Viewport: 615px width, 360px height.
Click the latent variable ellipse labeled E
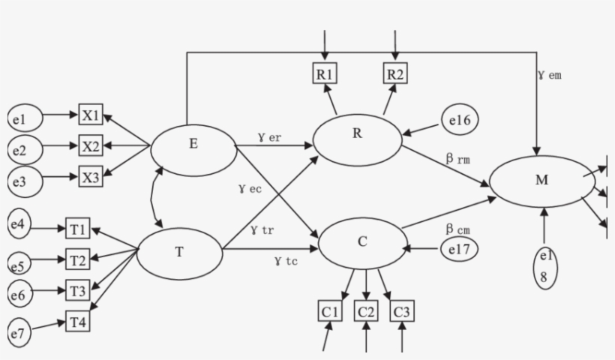pyautogui.click(x=193, y=146)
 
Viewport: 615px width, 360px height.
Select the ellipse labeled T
pyautogui.click(x=179, y=252)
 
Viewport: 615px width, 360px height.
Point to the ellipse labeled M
pyautogui.click(x=540, y=181)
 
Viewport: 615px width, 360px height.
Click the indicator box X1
pyautogui.click(x=91, y=116)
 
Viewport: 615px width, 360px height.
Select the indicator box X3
pyautogui.click(x=91, y=178)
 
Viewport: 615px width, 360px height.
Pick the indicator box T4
pyautogui.click(x=78, y=321)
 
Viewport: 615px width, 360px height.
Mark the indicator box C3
pyautogui.click(x=402, y=310)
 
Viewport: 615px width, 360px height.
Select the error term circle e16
pyautogui.click(x=458, y=118)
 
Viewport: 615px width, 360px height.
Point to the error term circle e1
pyautogui.click(x=22, y=117)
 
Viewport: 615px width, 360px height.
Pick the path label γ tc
pyautogui.click(x=287, y=261)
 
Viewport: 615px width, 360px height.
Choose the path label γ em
pyautogui.click(x=549, y=75)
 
